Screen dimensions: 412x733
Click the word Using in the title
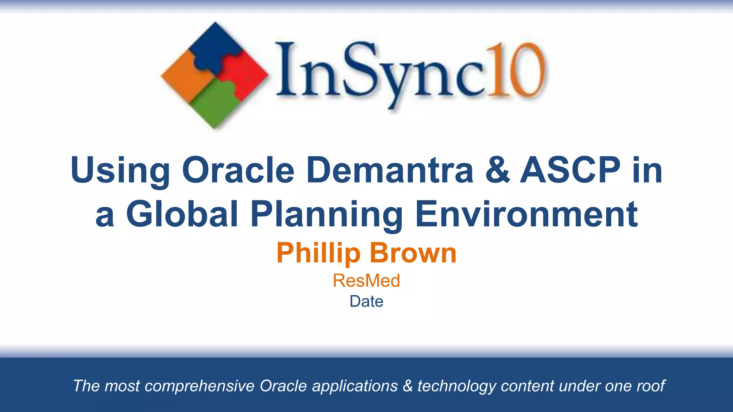[120, 171]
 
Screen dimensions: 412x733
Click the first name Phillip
[318, 253]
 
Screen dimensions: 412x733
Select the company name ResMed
[366, 280]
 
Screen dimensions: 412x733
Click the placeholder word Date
[366, 301]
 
